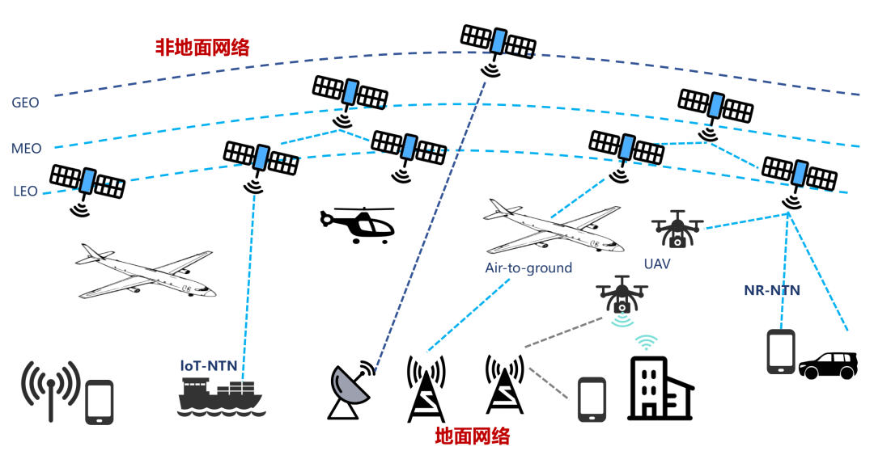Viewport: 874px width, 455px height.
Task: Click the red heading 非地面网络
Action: pyautogui.click(x=202, y=48)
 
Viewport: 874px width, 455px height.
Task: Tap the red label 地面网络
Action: pyautogui.click(x=473, y=437)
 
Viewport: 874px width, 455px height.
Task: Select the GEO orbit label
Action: pyautogui.click(x=25, y=103)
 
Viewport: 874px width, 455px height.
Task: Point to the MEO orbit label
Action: pyautogui.click(x=26, y=149)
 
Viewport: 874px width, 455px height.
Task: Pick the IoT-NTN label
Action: pyautogui.click(x=209, y=365)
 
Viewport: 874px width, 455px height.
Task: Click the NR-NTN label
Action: pyautogui.click(x=772, y=289)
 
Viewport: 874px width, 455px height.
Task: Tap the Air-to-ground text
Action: pyautogui.click(x=528, y=268)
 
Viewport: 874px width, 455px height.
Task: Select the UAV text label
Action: pyautogui.click(x=657, y=263)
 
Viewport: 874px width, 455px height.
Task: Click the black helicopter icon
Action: pyautogui.click(x=358, y=224)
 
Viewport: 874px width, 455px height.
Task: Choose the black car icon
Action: pyautogui.click(x=828, y=365)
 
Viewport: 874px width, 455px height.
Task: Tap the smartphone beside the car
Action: pyautogui.click(x=781, y=351)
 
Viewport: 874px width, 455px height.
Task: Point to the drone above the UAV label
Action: pyautogui.click(x=677, y=230)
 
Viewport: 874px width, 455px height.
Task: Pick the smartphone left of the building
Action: pyautogui.click(x=592, y=399)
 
